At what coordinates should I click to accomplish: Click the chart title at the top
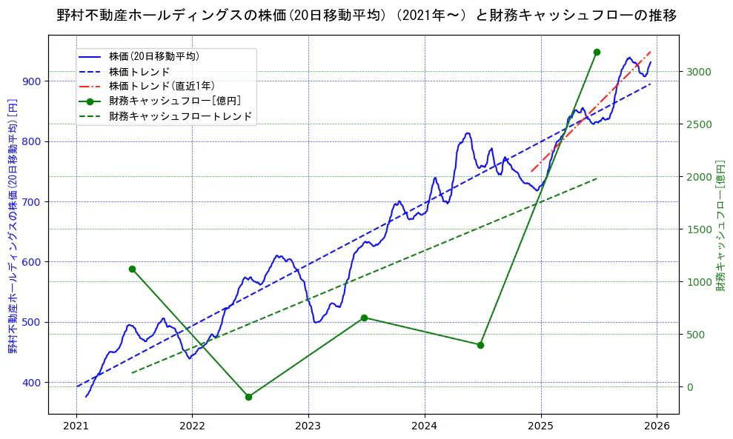366,15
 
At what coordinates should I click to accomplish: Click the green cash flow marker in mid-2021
132,269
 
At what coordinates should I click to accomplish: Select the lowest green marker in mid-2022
248,397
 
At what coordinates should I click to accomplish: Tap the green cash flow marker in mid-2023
364,318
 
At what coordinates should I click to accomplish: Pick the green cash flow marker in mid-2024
480,345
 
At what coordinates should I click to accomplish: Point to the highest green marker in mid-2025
597,52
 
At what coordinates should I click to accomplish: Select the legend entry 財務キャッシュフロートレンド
180,116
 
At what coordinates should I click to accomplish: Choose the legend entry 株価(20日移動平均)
153,56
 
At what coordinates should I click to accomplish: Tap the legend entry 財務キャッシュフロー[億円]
174,101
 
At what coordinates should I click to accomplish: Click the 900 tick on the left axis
33,81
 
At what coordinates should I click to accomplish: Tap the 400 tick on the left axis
33,382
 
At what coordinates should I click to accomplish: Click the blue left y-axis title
12,225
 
